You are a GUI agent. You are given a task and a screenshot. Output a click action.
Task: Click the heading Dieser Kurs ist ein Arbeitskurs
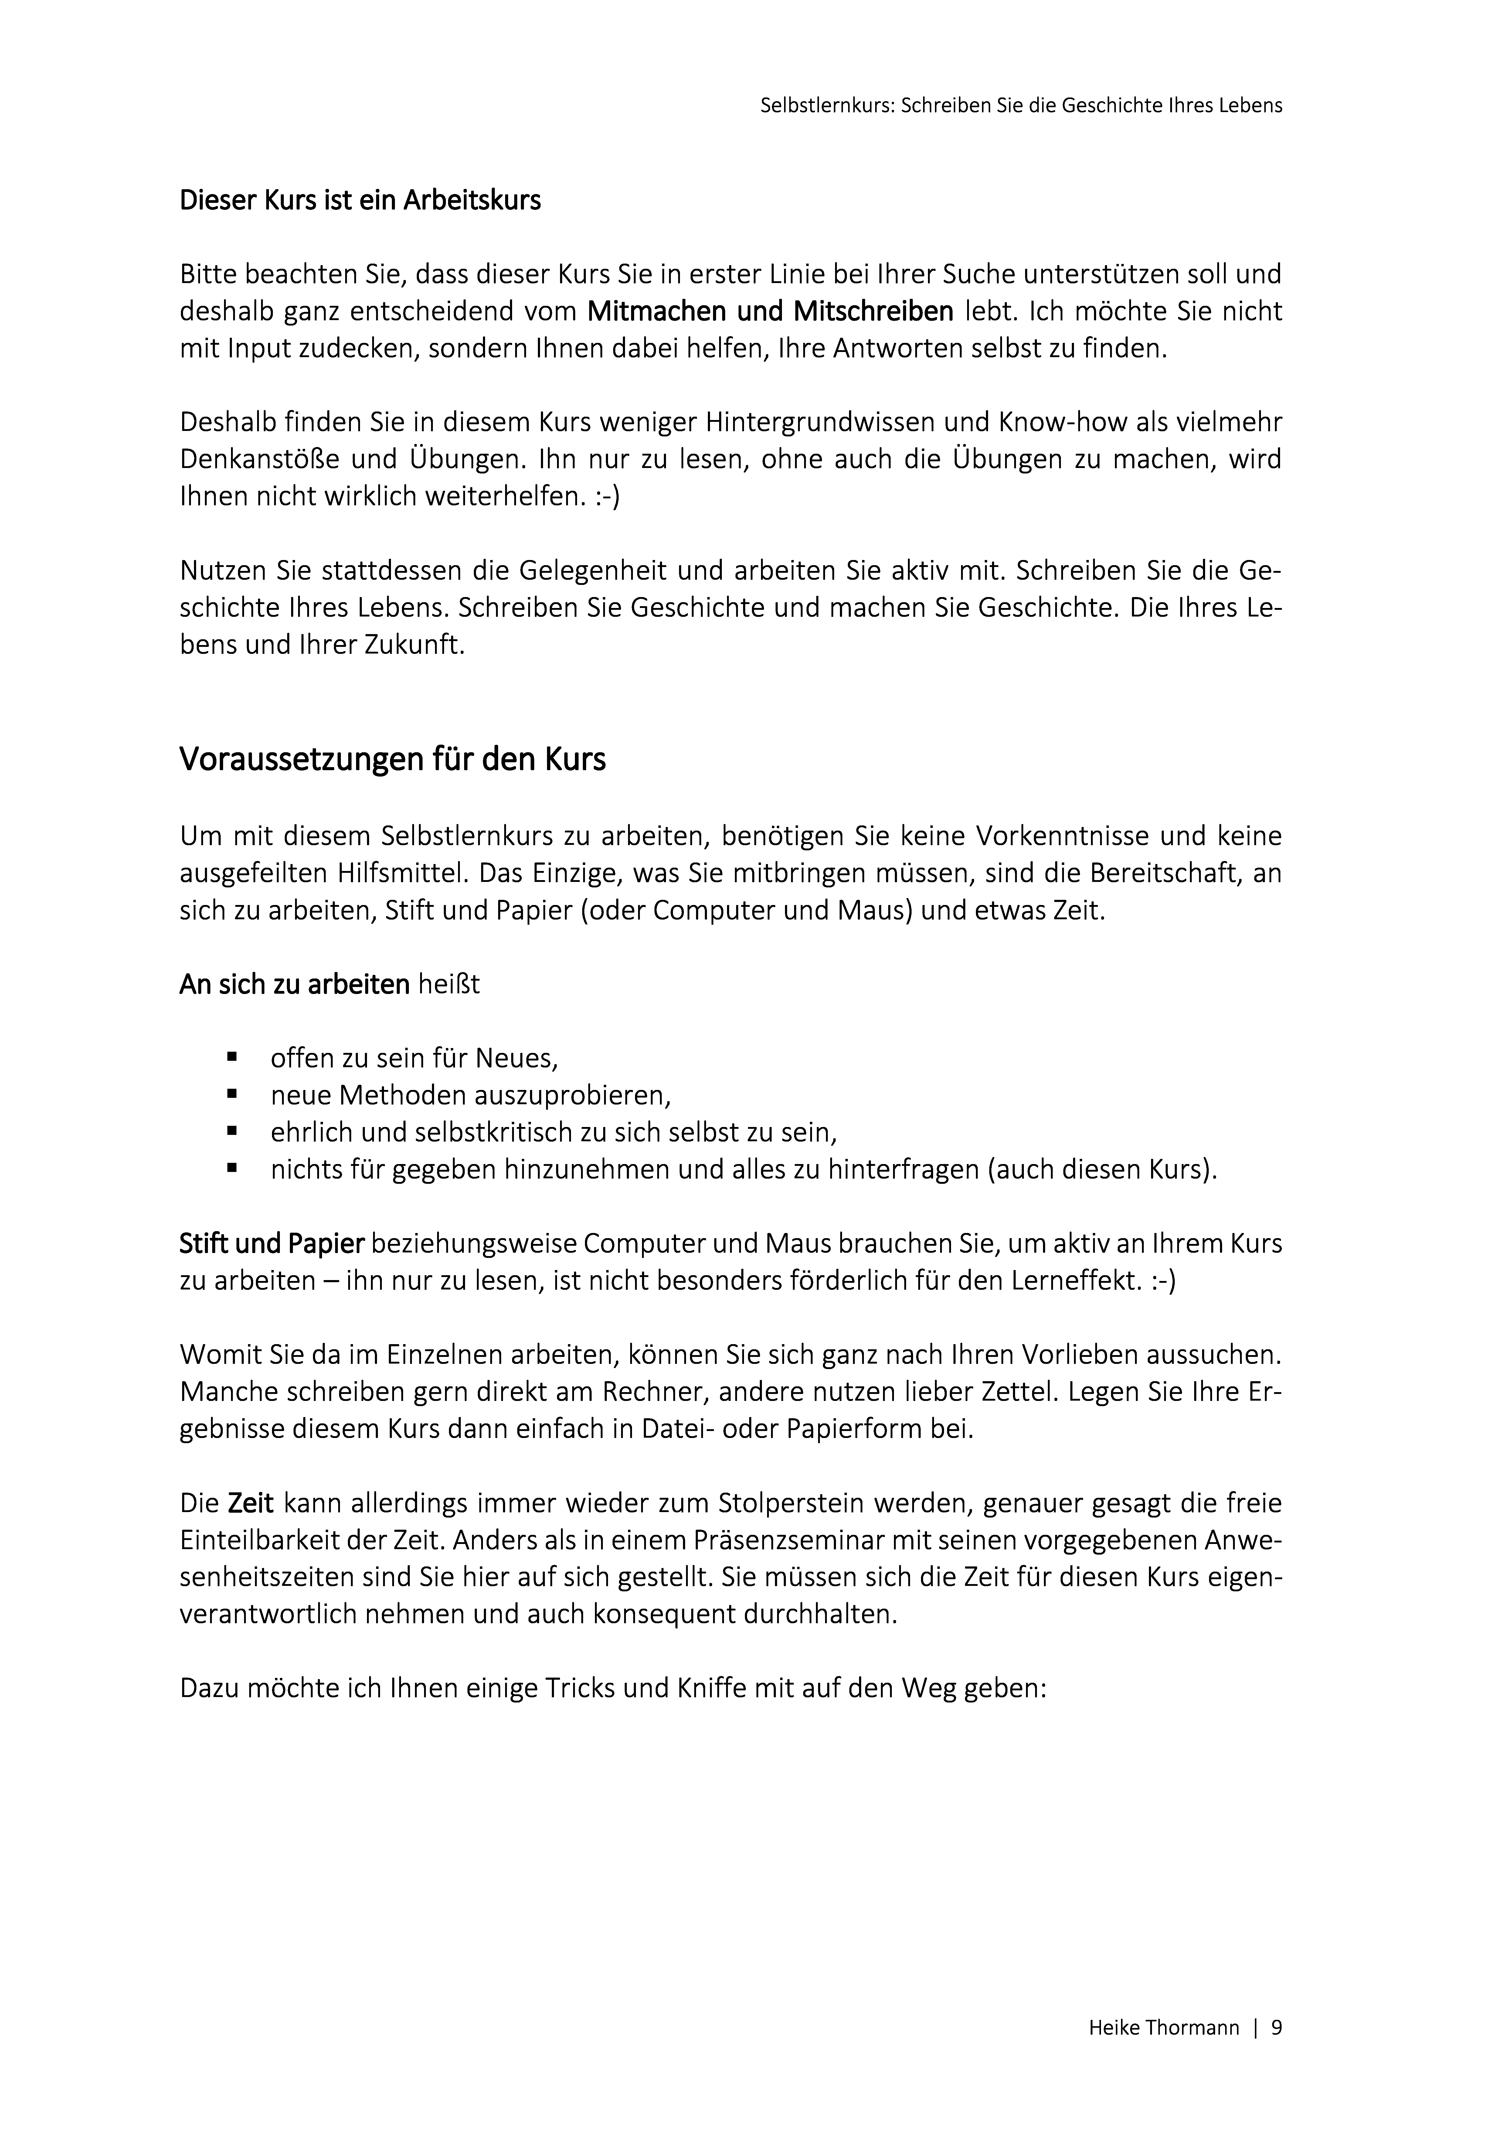click(360, 200)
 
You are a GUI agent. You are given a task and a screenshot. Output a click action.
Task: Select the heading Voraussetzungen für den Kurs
click(392, 759)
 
